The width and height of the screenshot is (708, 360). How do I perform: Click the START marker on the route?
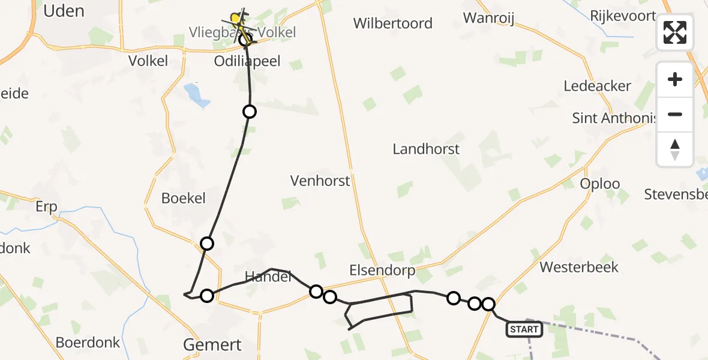point(524,329)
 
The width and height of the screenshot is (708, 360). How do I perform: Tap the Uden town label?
point(64,11)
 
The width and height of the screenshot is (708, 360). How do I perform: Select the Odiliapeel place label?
point(247,61)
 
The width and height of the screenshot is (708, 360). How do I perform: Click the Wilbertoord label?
point(392,23)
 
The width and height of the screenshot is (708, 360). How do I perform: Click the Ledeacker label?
point(597,86)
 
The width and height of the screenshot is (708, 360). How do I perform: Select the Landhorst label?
point(426,149)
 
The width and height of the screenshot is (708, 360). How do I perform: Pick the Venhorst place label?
point(320,181)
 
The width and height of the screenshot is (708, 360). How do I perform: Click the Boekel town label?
point(184,198)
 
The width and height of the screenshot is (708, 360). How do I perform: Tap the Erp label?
point(46,207)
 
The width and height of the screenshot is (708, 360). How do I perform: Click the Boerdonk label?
point(88,343)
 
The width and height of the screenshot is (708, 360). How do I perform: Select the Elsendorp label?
point(382,271)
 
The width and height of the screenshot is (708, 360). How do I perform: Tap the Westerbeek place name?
point(579,266)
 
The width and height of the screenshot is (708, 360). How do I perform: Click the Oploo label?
point(600,184)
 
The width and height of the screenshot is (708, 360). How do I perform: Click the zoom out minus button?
point(675,115)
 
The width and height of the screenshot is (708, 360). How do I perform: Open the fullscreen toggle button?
point(675,32)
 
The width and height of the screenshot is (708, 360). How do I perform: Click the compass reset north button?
point(675,149)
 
